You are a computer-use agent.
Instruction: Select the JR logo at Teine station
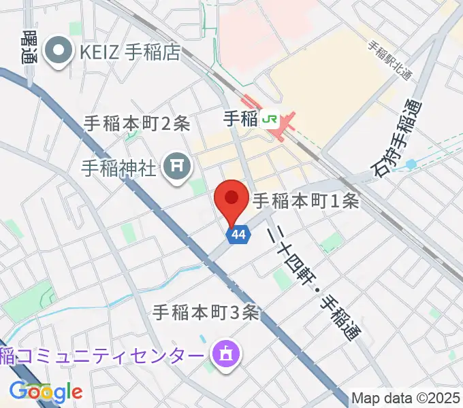tap(270, 119)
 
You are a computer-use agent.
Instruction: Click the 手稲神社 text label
tap(120, 165)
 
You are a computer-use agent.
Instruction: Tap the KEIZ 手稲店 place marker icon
tap(59, 51)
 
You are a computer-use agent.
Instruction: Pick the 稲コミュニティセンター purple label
tap(102, 355)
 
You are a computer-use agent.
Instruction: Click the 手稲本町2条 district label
tap(137, 123)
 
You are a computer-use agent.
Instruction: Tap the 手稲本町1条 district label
tap(306, 201)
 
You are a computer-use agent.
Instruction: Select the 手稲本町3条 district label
tap(206, 312)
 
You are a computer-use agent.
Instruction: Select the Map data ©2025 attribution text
tap(406, 398)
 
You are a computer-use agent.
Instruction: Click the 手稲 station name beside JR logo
tap(240, 119)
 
